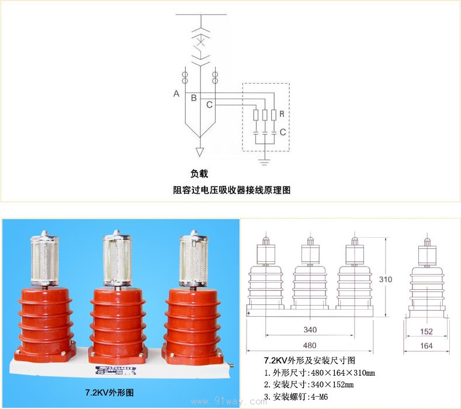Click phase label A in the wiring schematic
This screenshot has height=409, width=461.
176,93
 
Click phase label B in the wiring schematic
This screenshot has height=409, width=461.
194,98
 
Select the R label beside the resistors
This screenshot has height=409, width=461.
282,113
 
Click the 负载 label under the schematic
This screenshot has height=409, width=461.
199,174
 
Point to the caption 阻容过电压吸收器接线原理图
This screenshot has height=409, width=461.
232,190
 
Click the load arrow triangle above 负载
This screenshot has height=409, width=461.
200,152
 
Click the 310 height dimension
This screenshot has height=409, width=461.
385,279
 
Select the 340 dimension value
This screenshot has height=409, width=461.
310,330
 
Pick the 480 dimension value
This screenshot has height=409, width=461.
310,345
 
